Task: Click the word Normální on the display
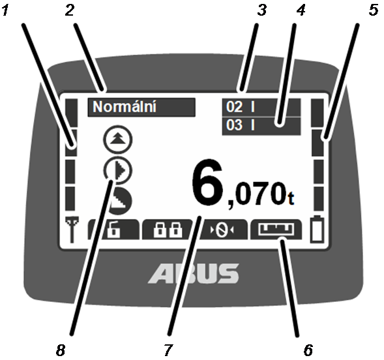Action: point(125,107)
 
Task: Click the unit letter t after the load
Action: point(291,199)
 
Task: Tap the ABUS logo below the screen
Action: point(193,273)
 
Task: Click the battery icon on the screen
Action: point(317,229)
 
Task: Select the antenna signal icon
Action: point(72,229)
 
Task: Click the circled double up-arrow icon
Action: point(118,140)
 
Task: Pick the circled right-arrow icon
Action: point(118,170)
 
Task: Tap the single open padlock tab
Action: point(114,229)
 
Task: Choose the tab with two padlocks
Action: point(168,229)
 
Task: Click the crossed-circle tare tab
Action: point(222,229)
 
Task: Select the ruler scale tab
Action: point(276,229)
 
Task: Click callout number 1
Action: point(5,10)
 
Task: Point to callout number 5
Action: point(374,10)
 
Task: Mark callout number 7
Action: point(168,350)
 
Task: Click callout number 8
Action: point(61,350)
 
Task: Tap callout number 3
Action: point(262,10)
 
